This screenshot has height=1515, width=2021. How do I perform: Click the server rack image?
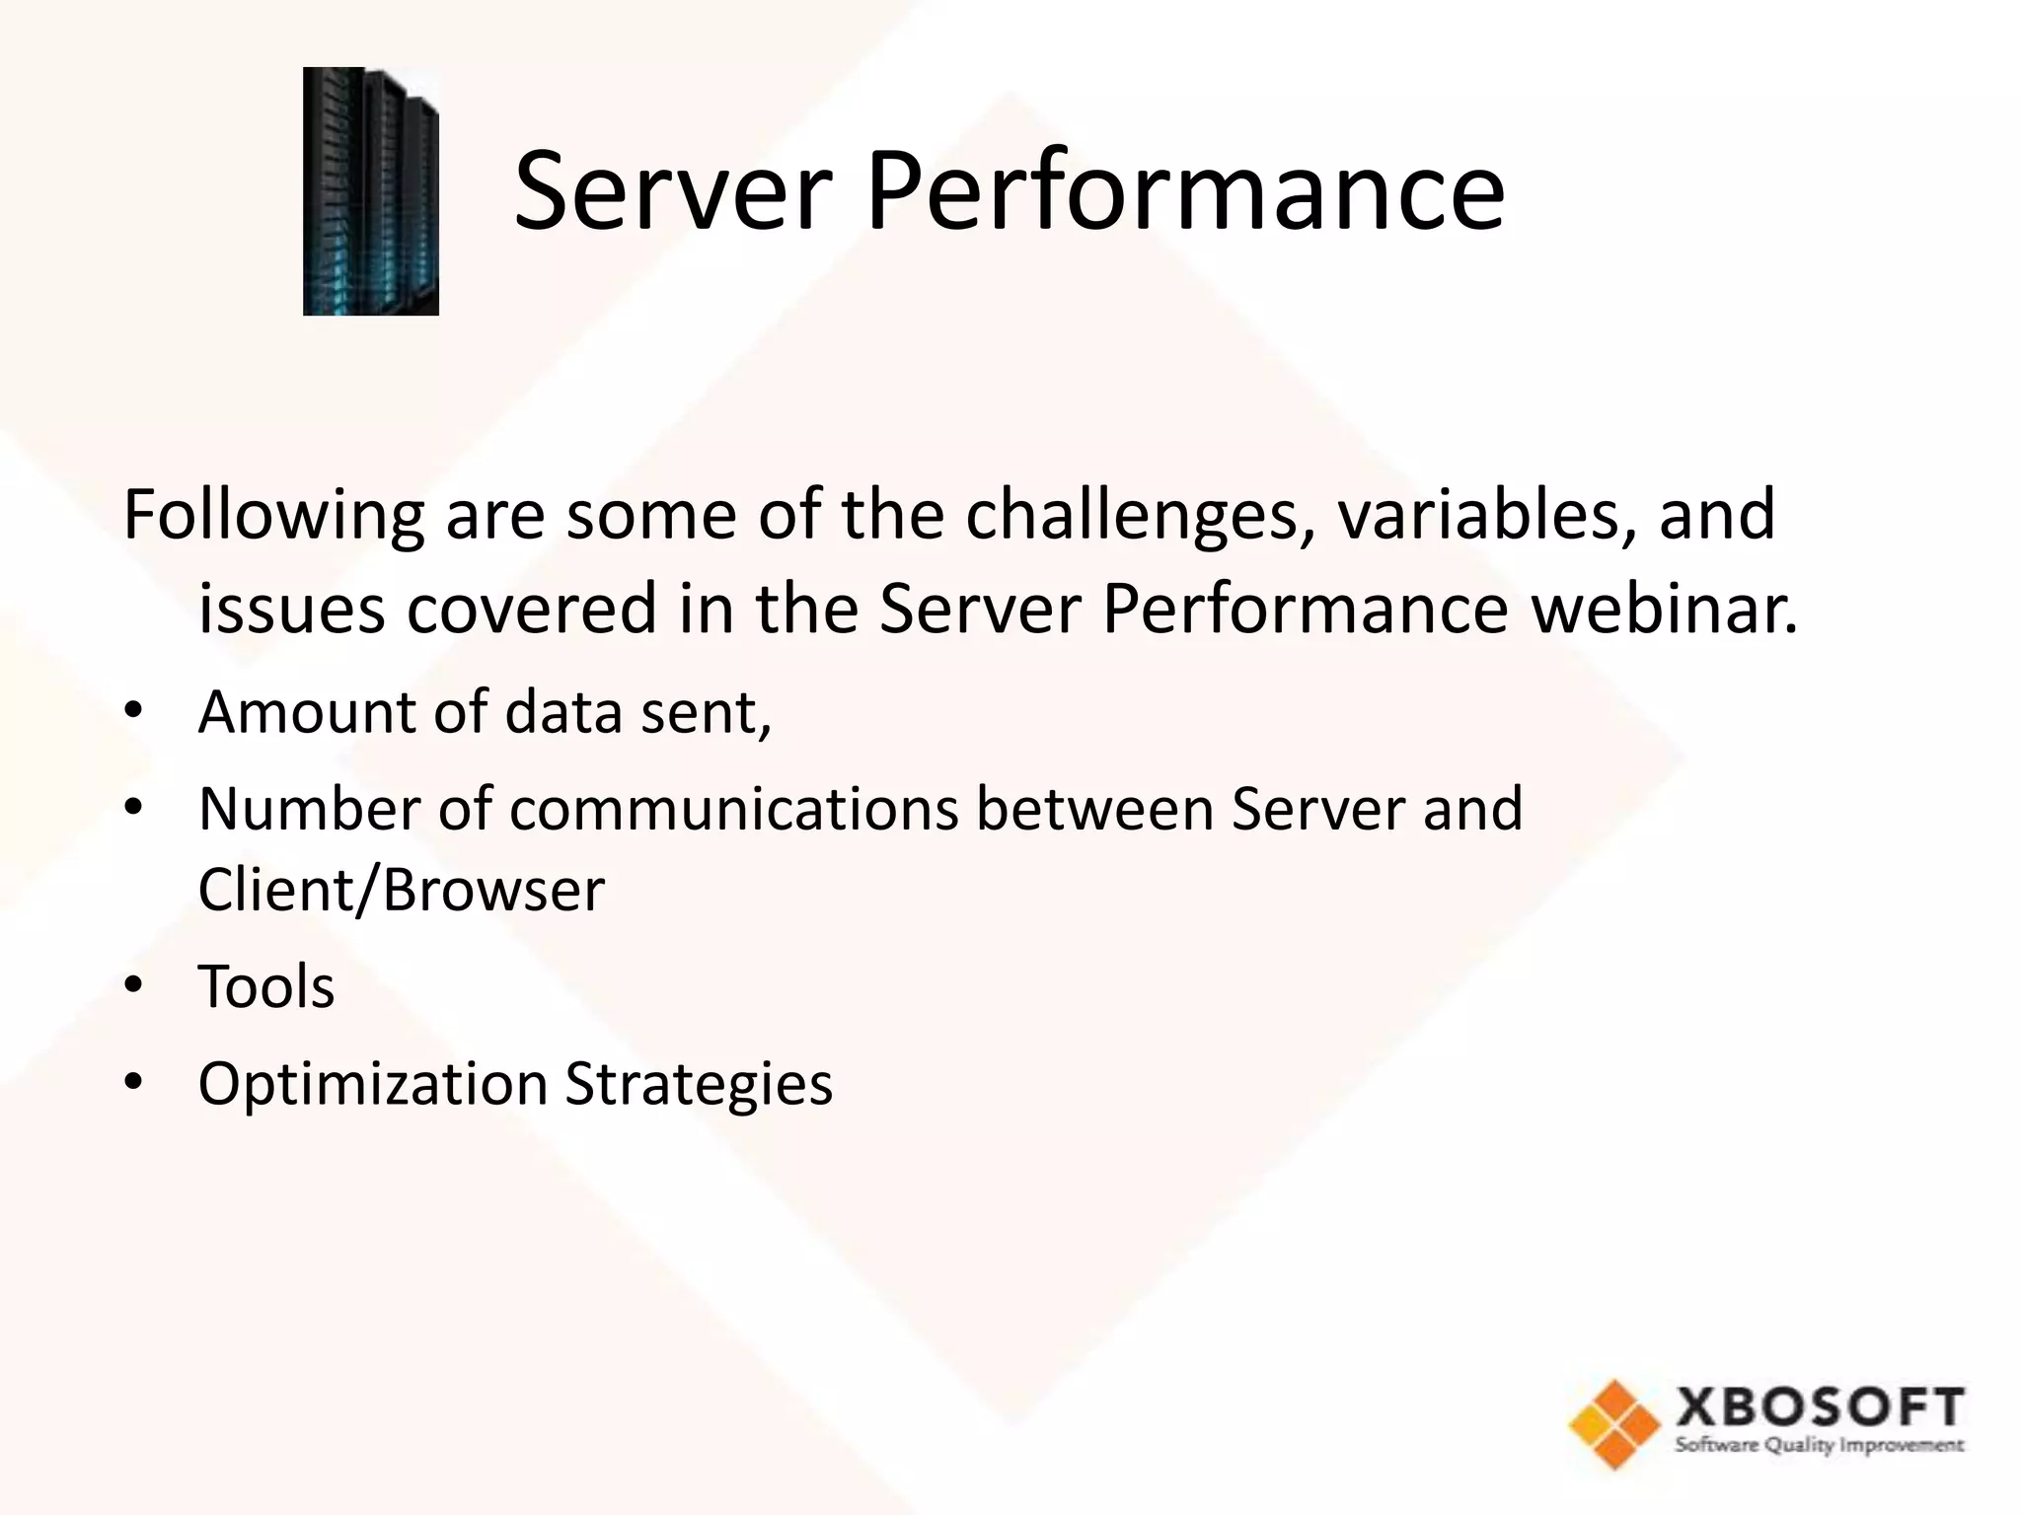(370, 191)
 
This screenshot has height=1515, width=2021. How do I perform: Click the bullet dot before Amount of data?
(134, 711)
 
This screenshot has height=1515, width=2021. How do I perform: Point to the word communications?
(733, 810)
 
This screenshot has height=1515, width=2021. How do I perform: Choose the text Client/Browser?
(401, 890)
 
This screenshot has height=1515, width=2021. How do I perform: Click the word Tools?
(266, 986)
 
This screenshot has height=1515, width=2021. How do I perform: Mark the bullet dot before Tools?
(134, 986)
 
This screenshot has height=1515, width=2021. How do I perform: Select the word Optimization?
(373, 1084)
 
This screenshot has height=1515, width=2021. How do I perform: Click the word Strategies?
(699, 1084)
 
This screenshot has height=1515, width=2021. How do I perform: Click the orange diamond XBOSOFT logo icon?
(1613, 1423)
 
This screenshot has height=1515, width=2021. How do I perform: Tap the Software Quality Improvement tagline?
(1819, 1446)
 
